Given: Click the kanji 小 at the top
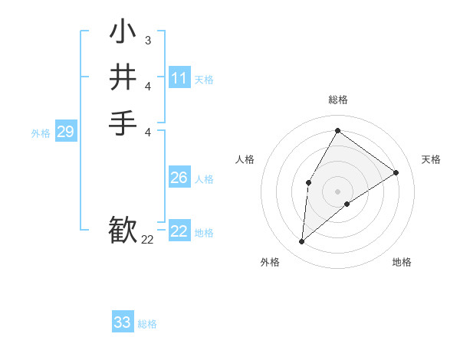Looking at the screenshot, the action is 123,33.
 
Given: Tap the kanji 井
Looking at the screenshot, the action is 123,77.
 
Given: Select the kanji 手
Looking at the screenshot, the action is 123,123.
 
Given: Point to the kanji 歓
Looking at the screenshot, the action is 123,231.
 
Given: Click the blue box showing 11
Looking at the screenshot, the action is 179,78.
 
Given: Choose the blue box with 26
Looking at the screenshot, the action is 179,178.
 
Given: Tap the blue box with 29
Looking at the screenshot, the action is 65,132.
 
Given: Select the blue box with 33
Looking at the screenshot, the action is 123,322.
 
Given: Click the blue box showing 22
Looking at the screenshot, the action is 179,231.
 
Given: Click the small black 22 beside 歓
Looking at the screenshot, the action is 147,240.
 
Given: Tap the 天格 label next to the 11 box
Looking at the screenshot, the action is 204,80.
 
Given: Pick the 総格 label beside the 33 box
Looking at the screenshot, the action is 147,324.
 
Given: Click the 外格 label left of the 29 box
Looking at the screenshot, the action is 41,133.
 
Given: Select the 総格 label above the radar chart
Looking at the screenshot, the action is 337,100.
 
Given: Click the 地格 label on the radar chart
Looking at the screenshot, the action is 402,262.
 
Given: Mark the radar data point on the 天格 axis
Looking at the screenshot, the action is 396,172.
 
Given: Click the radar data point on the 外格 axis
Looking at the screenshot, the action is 302,242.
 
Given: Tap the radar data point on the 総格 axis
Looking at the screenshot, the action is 337,130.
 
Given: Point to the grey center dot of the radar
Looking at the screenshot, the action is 337,191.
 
